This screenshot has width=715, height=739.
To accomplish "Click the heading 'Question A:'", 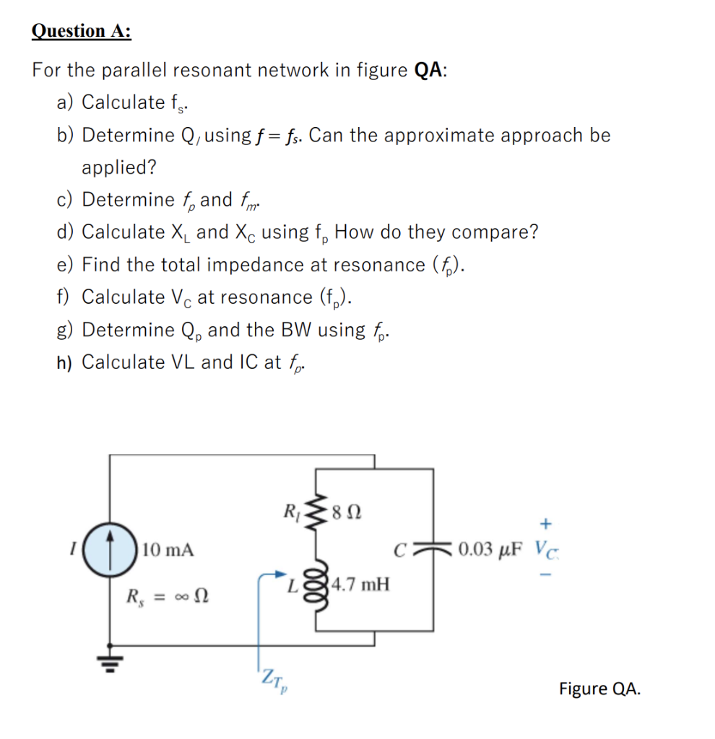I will coord(82,31).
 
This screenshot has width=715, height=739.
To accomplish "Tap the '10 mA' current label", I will coord(168,551).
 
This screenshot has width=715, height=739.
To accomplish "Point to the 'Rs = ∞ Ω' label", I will coord(168,598).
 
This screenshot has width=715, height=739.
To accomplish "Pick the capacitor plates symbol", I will coord(433,551).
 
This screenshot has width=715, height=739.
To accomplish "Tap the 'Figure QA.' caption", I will coord(599,688).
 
